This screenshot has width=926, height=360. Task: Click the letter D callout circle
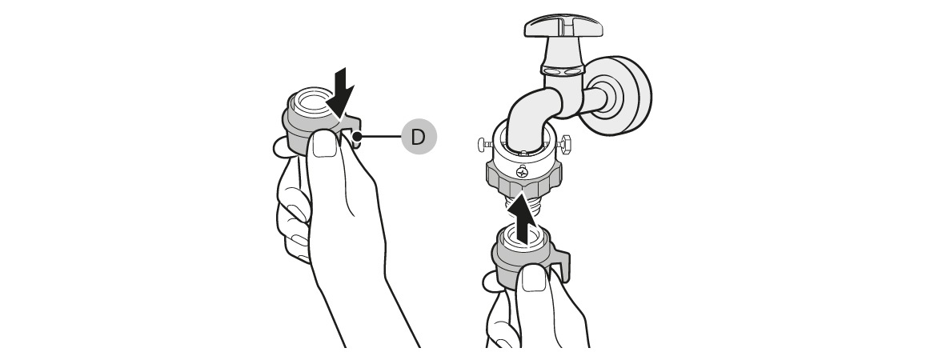419,137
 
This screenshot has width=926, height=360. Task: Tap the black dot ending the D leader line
356,137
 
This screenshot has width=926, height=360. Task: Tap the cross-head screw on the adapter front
522,172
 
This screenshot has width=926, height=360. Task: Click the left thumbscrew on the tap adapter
486,143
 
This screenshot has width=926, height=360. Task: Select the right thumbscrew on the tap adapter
564,142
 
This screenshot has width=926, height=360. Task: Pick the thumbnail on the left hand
324,144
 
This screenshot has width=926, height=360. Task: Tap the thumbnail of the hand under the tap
535,278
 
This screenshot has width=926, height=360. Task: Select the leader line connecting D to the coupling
379,137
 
